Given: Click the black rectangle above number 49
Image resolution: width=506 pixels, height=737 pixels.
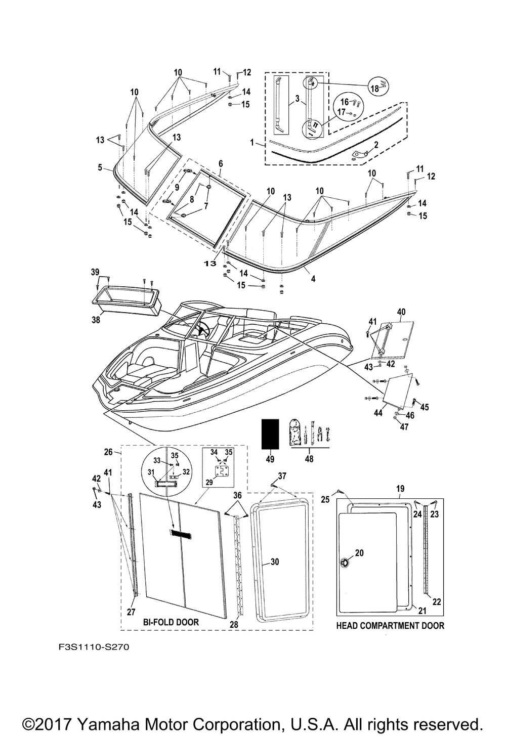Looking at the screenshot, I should click(x=270, y=433).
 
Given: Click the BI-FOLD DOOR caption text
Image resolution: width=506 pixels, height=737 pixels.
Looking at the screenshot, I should click(x=171, y=622).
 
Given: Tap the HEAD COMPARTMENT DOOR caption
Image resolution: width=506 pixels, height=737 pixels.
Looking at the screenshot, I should click(x=390, y=626).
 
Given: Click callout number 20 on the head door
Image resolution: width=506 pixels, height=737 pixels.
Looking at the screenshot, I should click(x=359, y=553).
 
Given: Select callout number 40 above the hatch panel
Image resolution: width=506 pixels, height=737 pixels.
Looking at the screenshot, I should click(x=402, y=312).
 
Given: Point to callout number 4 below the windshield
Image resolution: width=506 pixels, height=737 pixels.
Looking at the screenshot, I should click(x=313, y=278).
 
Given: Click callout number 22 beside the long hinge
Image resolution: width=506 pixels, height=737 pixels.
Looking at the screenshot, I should click(x=436, y=601).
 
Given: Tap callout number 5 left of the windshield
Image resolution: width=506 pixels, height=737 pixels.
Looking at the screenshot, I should click(x=100, y=166).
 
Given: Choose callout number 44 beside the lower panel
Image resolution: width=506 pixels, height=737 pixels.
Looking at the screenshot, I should click(x=377, y=413).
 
